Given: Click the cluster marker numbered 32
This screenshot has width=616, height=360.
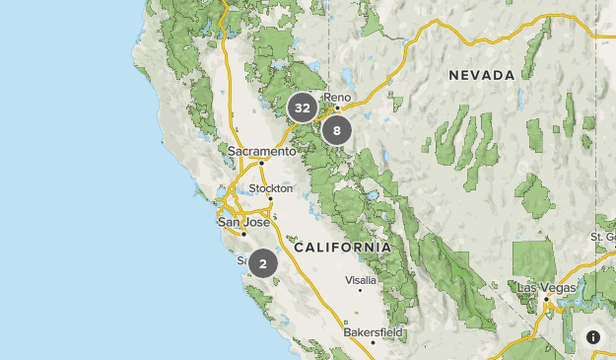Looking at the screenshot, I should [x=303, y=108].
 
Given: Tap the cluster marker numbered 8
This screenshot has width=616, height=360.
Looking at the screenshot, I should [x=337, y=130].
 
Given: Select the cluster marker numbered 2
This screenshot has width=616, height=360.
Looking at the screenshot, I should [x=263, y=263].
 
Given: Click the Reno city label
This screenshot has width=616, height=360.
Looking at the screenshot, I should [x=337, y=97].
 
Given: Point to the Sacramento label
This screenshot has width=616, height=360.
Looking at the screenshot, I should [x=261, y=151].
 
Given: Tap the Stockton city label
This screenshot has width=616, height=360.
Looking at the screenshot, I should [x=271, y=187].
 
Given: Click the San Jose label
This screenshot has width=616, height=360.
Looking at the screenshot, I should [x=242, y=222].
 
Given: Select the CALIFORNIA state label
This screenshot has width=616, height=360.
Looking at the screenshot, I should [x=342, y=247].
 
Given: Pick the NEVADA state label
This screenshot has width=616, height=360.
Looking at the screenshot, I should [x=482, y=75].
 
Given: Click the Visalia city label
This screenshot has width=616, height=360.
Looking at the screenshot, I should [x=360, y=280].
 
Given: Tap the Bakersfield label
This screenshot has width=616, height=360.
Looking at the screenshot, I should [x=374, y=332].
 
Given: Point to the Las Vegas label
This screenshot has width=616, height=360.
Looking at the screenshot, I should [x=546, y=287].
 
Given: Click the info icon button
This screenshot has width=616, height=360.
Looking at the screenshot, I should [x=593, y=337].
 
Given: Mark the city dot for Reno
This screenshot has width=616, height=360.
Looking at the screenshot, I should [x=336, y=107].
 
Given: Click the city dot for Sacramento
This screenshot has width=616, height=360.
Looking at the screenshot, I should [x=261, y=163].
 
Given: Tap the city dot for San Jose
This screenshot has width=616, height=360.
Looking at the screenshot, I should [x=243, y=234].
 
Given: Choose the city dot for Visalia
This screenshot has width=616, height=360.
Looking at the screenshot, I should [x=361, y=290].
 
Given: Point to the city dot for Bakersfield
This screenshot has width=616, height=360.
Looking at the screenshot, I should [x=374, y=342].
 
